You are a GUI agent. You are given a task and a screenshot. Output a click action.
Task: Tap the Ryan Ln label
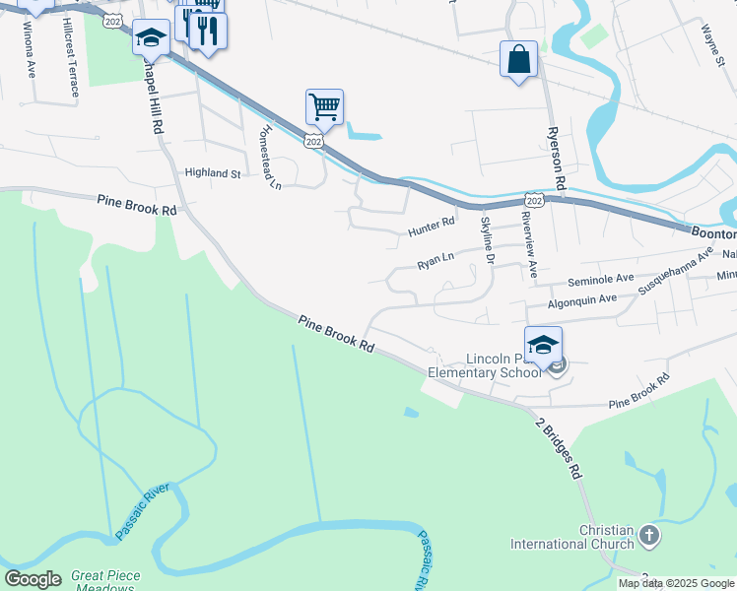coord(435,260)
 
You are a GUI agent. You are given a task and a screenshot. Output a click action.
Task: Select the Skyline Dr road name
coord(487,240)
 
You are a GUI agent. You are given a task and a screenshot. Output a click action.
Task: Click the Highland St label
coord(213,173)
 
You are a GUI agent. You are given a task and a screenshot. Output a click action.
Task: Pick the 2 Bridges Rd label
coord(559,449)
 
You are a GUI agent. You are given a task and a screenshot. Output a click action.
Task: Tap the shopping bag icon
coord(518,59)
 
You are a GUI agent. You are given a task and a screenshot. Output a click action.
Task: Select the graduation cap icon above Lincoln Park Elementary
coord(543,344)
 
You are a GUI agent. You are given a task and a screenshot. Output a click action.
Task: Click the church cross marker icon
coord(648,536)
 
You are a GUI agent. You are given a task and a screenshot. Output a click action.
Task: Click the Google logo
coord(33,579)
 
